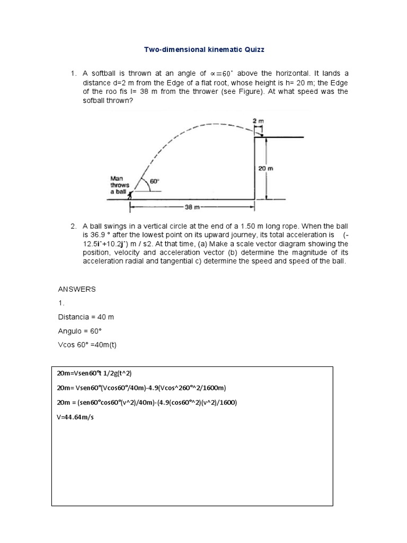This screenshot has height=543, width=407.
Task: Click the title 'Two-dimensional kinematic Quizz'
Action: (204, 49)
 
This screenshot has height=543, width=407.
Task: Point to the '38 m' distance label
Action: (192, 207)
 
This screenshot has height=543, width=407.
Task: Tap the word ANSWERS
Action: (76, 289)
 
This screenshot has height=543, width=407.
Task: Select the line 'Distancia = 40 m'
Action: (85, 317)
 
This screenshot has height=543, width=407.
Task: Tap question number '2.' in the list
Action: (74, 226)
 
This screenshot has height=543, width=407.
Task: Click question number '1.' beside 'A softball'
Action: (74, 73)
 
